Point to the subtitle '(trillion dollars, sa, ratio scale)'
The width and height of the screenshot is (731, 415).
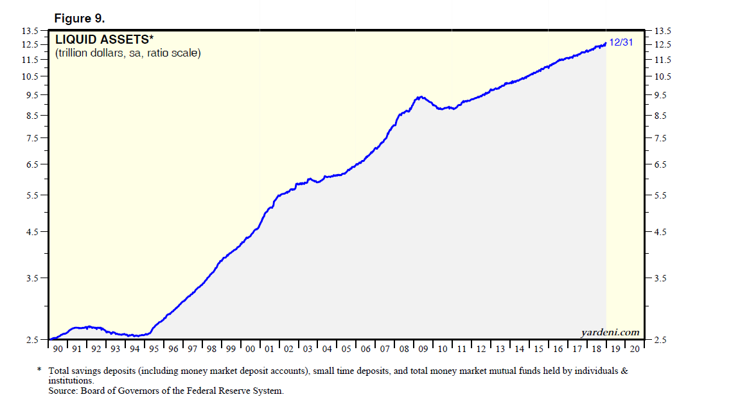tap(128, 53)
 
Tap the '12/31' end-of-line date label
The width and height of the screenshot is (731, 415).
tap(621, 42)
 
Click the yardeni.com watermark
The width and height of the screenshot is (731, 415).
tap(610, 332)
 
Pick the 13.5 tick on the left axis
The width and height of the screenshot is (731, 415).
tap(31, 31)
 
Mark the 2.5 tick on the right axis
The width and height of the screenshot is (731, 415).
tap(662, 340)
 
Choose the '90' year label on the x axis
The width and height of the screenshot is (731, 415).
tap(58, 349)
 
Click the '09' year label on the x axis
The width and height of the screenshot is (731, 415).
tap(423, 349)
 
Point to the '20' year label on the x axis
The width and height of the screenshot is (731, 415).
tap(634, 349)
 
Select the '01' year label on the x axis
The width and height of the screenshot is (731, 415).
tap(269, 349)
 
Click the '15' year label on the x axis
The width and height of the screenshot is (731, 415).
tap(538, 349)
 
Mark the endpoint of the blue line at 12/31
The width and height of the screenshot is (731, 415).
tap(606, 44)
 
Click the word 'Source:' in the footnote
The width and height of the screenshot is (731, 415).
tap(64, 391)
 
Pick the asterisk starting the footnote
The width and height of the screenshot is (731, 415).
tap(40, 370)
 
